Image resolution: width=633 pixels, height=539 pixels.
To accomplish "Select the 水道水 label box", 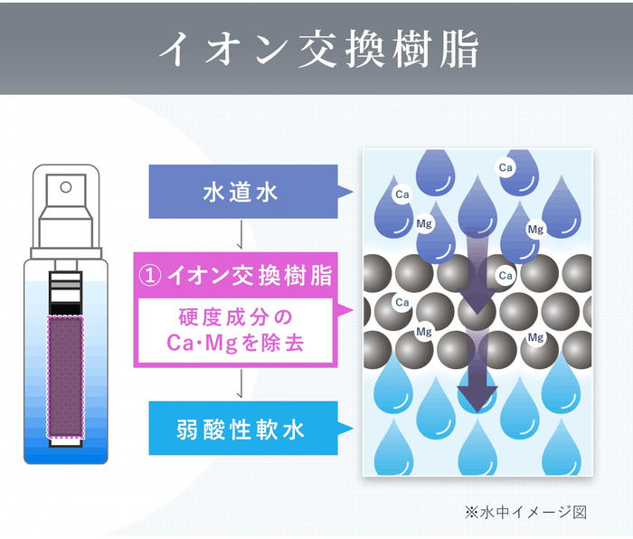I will click(x=240, y=192).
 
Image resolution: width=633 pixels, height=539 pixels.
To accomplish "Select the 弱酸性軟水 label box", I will click(x=240, y=429).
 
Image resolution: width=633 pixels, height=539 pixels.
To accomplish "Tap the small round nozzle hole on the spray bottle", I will click(x=64, y=187).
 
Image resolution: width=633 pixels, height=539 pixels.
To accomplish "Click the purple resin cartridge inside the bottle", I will click(x=64, y=374).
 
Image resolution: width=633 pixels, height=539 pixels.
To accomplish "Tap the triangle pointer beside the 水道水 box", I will click(x=345, y=192).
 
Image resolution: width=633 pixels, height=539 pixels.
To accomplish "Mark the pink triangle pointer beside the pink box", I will click(x=345, y=311).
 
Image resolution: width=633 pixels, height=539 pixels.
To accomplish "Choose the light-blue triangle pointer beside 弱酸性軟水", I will click(x=345, y=429).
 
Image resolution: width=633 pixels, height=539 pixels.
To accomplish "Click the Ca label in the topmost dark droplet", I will click(x=506, y=167).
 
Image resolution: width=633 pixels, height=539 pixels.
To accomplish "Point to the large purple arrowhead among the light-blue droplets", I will click(x=477, y=395).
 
